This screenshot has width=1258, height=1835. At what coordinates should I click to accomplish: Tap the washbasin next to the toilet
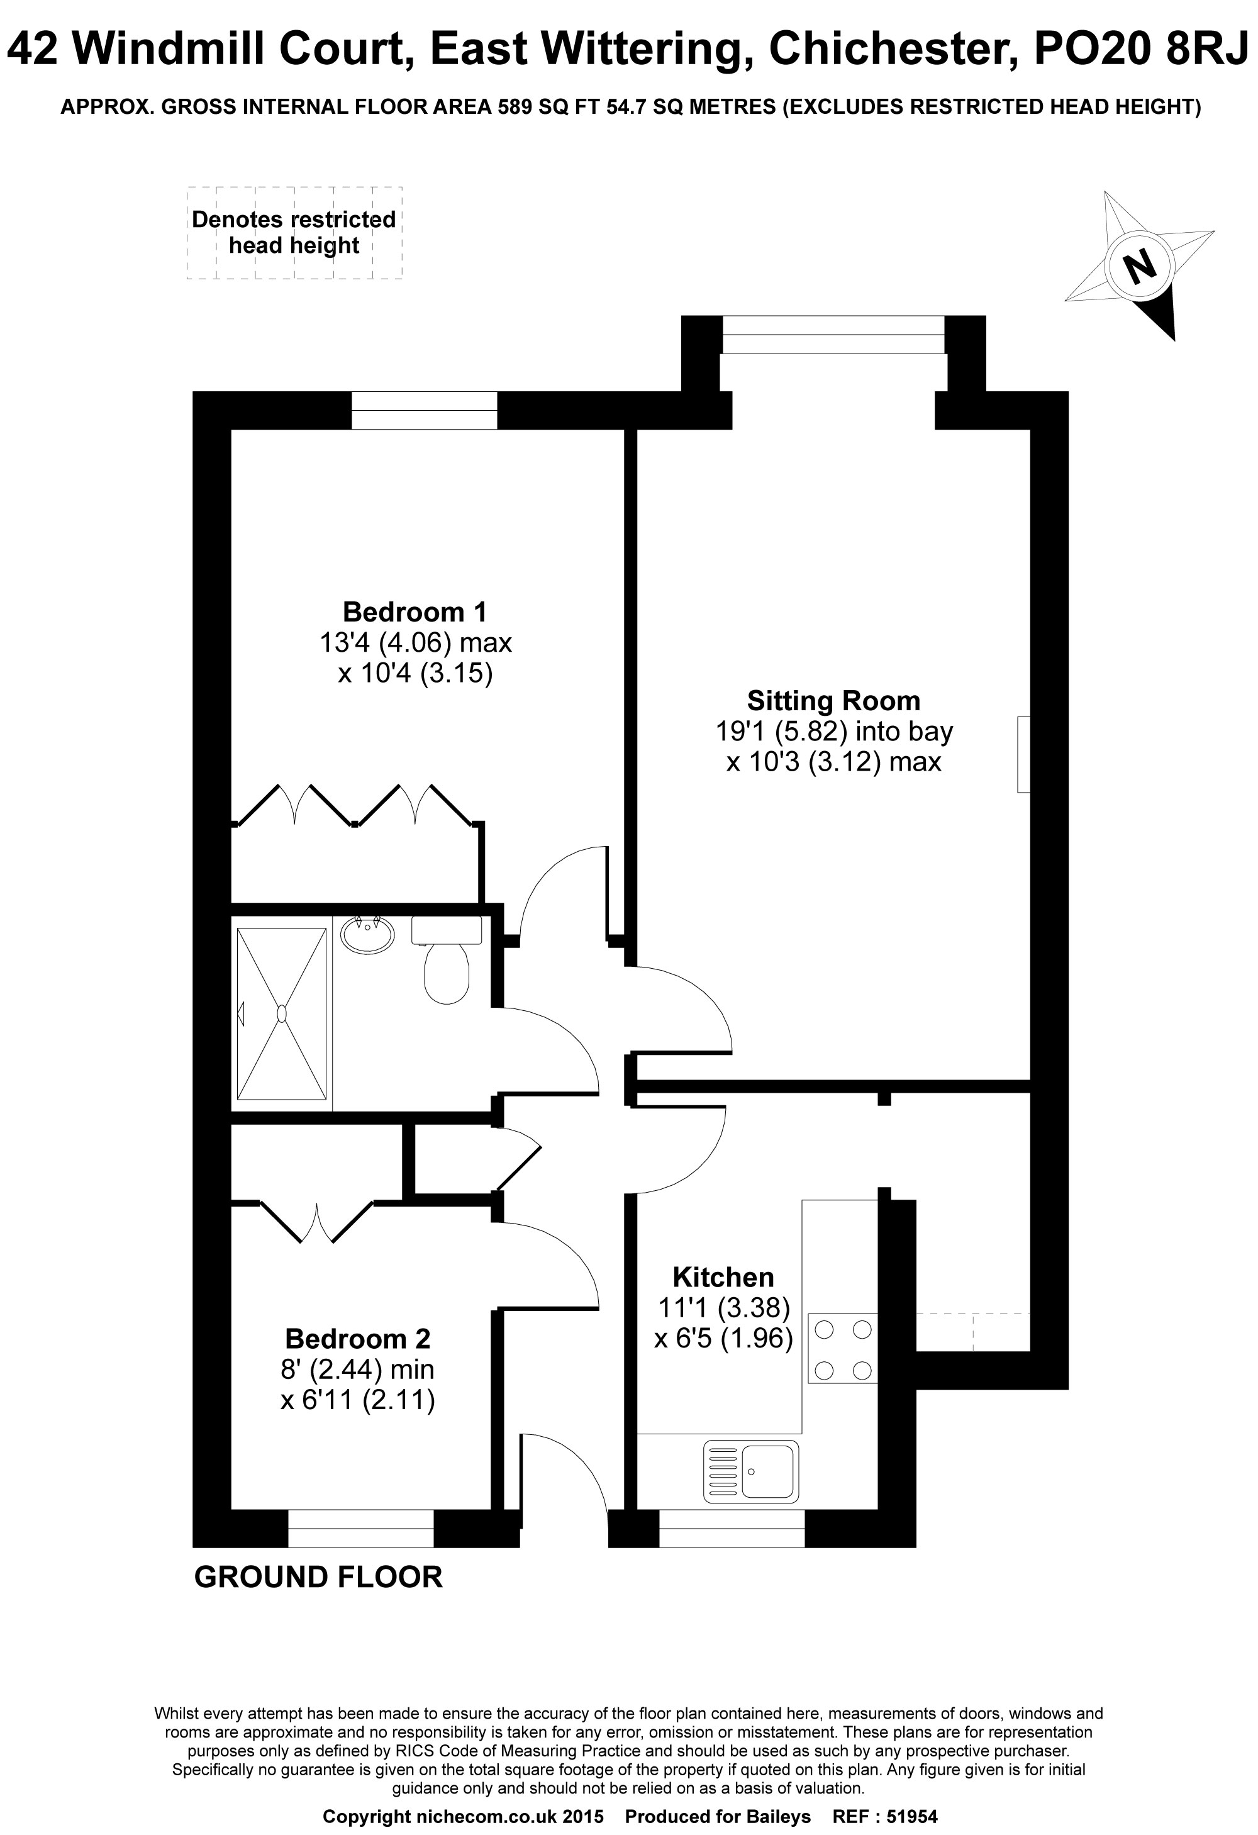[367, 935]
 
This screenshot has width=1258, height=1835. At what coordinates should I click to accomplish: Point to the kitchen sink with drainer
[751, 1471]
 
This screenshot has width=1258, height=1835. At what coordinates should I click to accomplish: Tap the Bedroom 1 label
[415, 612]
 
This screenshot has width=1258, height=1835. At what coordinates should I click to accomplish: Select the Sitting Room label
[834, 701]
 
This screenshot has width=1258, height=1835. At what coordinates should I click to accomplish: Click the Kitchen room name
[723, 1277]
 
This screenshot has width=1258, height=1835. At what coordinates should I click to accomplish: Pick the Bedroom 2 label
[358, 1339]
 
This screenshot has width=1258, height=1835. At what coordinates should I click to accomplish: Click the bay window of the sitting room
[833, 335]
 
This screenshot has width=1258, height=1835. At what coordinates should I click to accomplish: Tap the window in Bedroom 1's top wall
[424, 411]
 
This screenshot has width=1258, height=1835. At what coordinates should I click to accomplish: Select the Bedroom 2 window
[361, 1529]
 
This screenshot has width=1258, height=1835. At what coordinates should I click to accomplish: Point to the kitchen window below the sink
[732, 1529]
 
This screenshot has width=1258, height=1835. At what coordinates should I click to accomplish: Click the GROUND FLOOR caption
[318, 1577]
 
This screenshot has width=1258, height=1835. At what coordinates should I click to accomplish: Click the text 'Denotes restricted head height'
[294, 232]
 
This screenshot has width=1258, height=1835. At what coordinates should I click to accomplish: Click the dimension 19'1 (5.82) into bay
[834, 732]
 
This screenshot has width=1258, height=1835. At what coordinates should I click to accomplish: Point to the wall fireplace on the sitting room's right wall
[1023, 754]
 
